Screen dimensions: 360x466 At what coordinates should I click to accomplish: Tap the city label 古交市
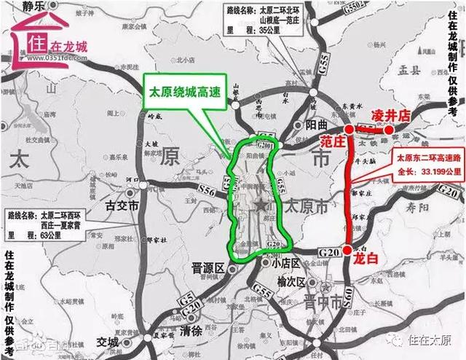pos(122,206)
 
